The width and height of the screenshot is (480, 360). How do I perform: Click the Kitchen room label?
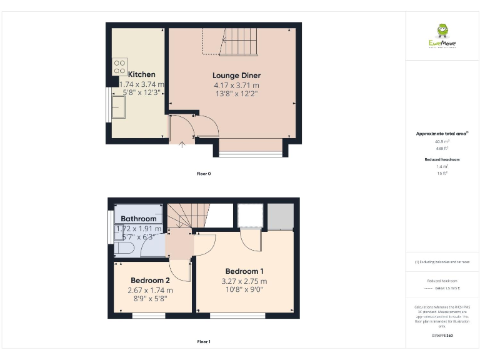[x=142, y=74]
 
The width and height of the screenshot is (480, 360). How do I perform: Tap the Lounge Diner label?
[x=237, y=76]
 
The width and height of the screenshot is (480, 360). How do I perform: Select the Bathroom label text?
[x=139, y=219]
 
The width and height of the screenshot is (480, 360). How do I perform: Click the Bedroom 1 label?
[x=244, y=271]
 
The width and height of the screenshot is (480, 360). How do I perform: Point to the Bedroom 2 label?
[x=150, y=281]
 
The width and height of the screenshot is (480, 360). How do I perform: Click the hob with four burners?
[x=119, y=67]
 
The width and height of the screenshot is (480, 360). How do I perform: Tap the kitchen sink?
[x=119, y=107]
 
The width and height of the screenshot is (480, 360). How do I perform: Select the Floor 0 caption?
[x=203, y=173]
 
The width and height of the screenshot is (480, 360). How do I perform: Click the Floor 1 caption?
[x=203, y=342]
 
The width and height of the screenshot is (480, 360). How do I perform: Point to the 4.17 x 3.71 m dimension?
[x=236, y=86]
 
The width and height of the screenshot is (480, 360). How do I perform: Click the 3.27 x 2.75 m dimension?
[x=244, y=281]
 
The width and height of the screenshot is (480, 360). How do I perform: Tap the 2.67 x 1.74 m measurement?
[x=150, y=291]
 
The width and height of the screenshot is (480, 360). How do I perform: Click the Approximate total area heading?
[x=441, y=134]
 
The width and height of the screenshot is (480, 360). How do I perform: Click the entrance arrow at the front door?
[x=182, y=146]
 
